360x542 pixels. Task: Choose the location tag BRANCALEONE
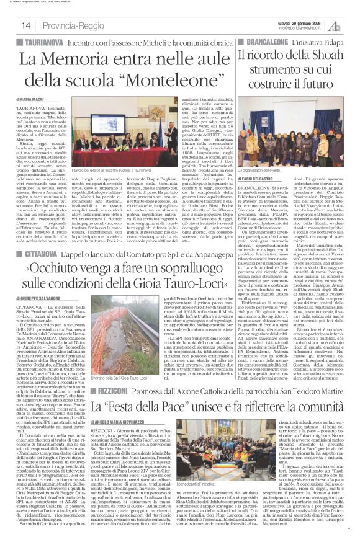pos(274,42)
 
